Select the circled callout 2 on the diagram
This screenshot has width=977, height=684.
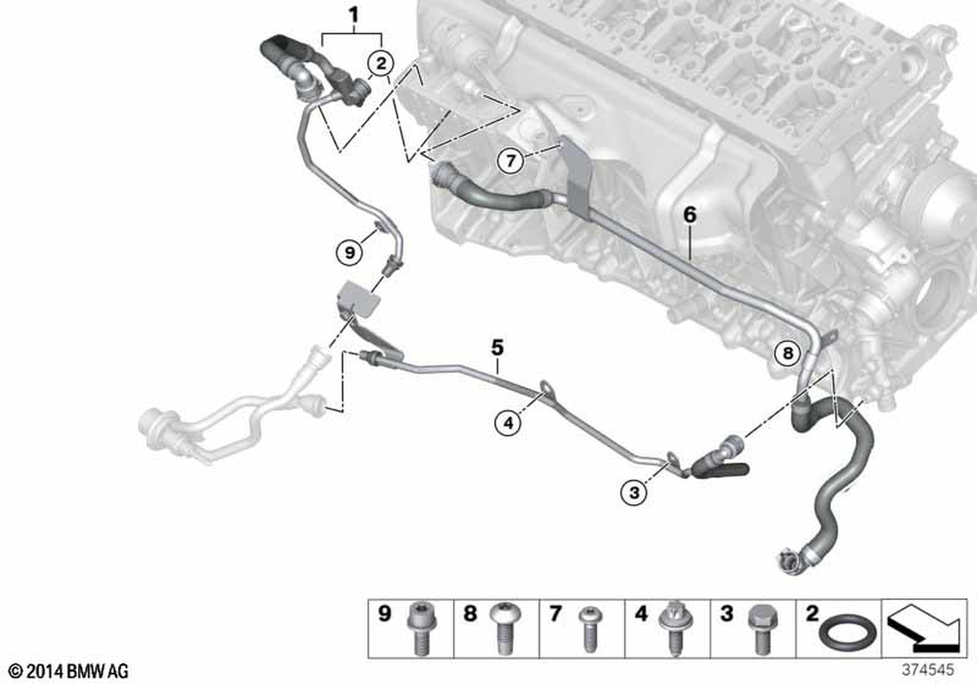[381, 64]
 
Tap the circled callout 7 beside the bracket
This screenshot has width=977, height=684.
[508, 160]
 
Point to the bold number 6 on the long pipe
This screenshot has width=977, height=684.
[690, 214]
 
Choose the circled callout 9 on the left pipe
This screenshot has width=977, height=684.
[349, 251]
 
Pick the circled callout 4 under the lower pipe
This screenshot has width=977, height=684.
[505, 422]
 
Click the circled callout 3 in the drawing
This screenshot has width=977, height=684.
[634, 493]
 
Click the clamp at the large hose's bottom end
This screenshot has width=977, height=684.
[788, 560]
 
